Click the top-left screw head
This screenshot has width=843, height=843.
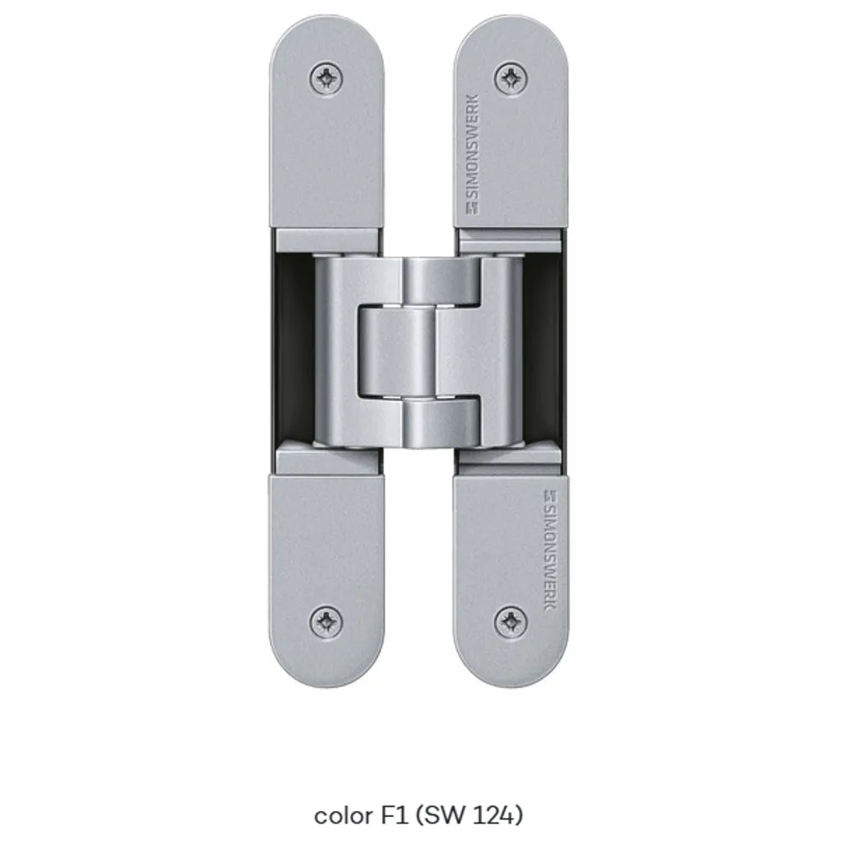(x=326, y=79)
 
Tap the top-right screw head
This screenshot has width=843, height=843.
(x=510, y=78)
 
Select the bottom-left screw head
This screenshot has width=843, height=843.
(x=326, y=623)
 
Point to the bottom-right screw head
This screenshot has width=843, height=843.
(x=510, y=621)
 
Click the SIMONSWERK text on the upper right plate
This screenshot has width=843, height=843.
(x=471, y=146)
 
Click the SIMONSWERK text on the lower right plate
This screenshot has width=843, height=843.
(x=550, y=556)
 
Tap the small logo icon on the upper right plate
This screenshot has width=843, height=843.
(x=472, y=208)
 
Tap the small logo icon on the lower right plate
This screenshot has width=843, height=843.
(x=550, y=495)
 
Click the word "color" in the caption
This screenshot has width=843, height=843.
(x=342, y=815)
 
